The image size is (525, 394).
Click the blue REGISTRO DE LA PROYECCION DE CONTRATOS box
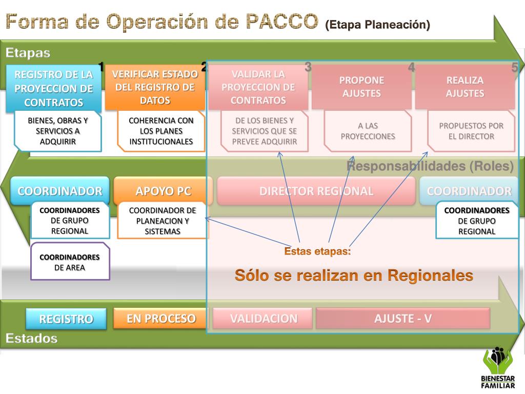point(53,88)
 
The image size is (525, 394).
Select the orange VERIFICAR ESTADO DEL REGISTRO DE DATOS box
point(155,87)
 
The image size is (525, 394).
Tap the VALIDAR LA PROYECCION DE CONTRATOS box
point(258,87)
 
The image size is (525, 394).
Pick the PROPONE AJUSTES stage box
point(361,87)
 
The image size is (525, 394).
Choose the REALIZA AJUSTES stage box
point(465,87)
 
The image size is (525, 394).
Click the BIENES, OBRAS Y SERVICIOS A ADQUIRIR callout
point(57,131)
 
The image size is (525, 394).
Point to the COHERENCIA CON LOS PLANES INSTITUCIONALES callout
point(161,131)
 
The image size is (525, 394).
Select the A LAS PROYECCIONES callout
point(368,131)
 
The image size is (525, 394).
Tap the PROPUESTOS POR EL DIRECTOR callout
point(471,131)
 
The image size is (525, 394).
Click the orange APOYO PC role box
point(163,191)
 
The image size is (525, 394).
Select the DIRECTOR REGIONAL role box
point(316,191)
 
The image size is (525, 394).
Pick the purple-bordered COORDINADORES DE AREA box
point(70,262)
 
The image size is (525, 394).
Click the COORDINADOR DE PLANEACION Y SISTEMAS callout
point(162,221)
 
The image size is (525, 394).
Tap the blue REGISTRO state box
point(66,319)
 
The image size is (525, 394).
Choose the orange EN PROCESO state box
point(161,319)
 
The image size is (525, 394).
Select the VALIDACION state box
point(263,319)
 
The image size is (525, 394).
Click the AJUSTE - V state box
point(402,319)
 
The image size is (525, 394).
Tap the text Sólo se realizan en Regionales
point(353,275)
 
